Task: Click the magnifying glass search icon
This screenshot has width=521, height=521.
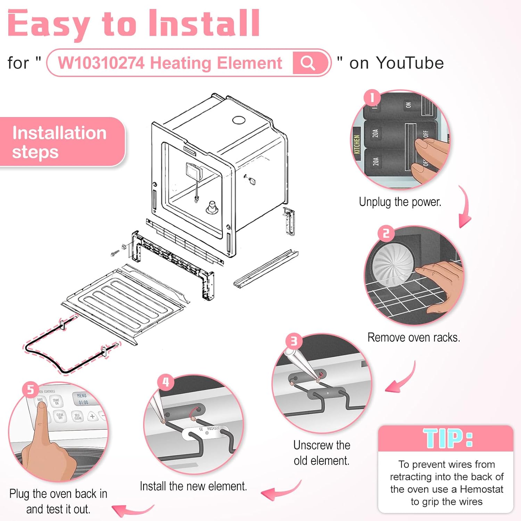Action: tap(308, 63)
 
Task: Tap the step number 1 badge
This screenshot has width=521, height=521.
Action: tap(372, 98)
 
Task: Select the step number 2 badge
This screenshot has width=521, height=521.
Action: tap(386, 233)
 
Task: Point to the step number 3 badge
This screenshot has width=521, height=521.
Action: tap(294, 341)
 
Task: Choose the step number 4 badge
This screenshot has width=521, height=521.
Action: tap(166, 382)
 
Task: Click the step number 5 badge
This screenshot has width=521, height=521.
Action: tap(31, 389)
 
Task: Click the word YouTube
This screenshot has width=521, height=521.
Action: tap(410, 63)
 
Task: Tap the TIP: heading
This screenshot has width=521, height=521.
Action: tap(448, 438)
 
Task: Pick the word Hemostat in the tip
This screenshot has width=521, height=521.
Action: tap(481, 489)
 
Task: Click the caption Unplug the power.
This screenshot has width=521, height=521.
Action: tap(400, 202)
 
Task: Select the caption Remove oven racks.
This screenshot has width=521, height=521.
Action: tap(414, 337)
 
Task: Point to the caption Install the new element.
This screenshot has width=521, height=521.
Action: tap(193, 486)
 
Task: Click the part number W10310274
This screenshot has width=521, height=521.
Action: tap(101, 63)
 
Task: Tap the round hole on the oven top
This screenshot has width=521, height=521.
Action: tap(239, 120)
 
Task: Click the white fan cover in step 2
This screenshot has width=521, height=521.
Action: tap(393, 264)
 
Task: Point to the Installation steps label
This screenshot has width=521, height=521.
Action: tap(59, 142)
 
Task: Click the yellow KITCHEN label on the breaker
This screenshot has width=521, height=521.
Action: tap(357, 144)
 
